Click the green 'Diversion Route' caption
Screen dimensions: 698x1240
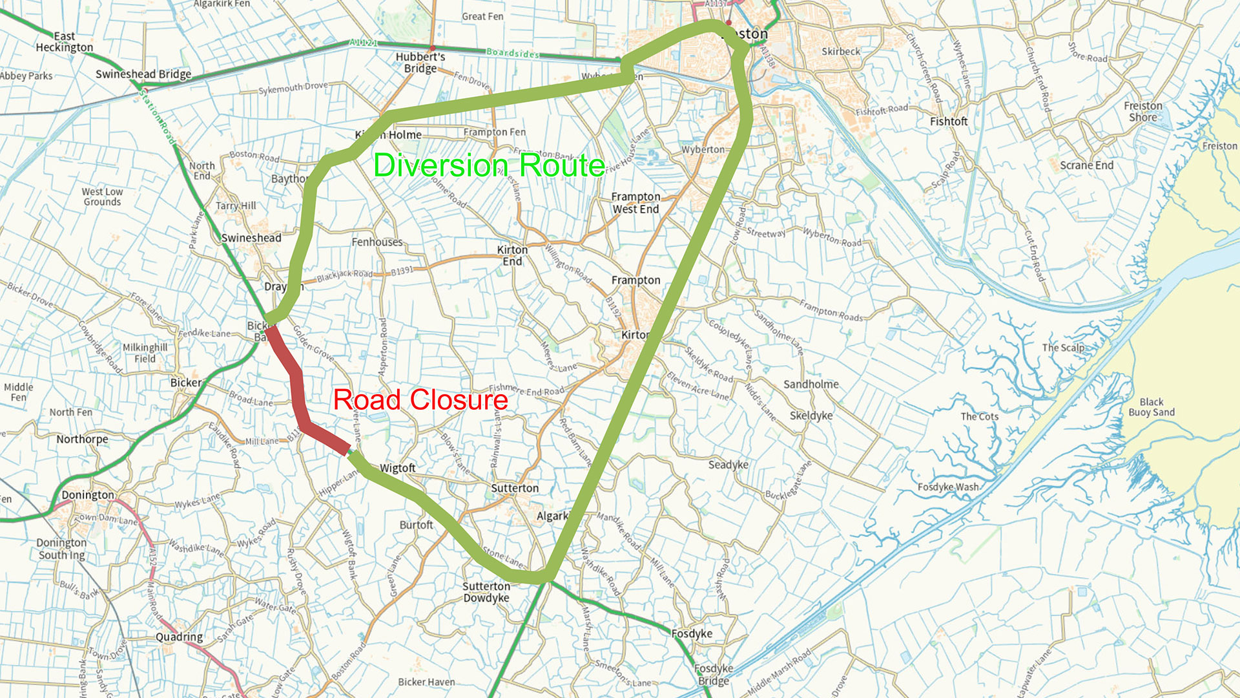[489, 165]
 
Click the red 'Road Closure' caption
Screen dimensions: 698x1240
[420, 400]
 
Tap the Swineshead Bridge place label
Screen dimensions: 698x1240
[143, 74]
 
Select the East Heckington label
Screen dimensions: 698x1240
[65, 42]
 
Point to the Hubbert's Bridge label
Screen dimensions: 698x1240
[420, 63]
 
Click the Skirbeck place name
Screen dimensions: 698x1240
[841, 52]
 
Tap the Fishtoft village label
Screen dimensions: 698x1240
[949, 122]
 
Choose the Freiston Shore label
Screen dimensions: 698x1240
[1142, 111]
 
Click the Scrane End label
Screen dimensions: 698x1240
[1087, 165]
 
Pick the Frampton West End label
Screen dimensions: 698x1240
[635, 203]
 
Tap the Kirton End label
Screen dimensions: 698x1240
[512, 255]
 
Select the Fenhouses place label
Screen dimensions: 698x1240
[377, 242]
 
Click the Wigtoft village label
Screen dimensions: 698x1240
[398, 468]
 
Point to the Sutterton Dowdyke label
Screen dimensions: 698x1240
[486, 592]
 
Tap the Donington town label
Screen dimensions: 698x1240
[88, 495]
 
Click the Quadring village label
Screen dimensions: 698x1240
[179, 637]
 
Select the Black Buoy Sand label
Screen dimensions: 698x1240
[1152, 407]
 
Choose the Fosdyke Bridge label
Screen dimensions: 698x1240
[714, 674]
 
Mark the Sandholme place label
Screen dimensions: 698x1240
[811, 385]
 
